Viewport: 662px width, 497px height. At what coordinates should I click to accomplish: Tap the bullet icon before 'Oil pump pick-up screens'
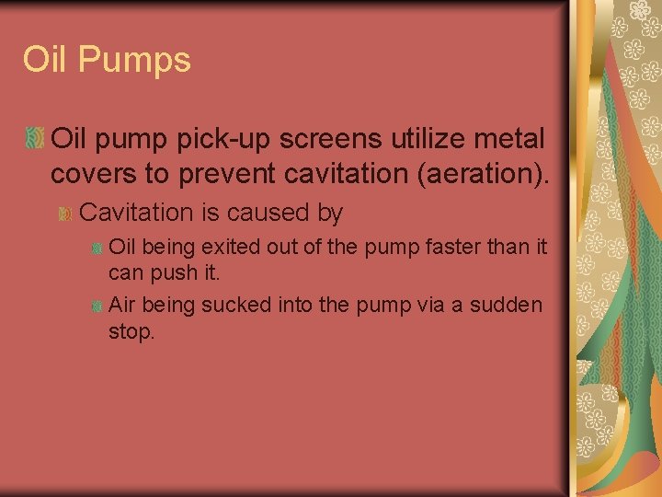point(34,139)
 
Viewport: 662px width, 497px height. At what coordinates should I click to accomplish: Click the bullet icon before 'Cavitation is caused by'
point(64,214)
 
